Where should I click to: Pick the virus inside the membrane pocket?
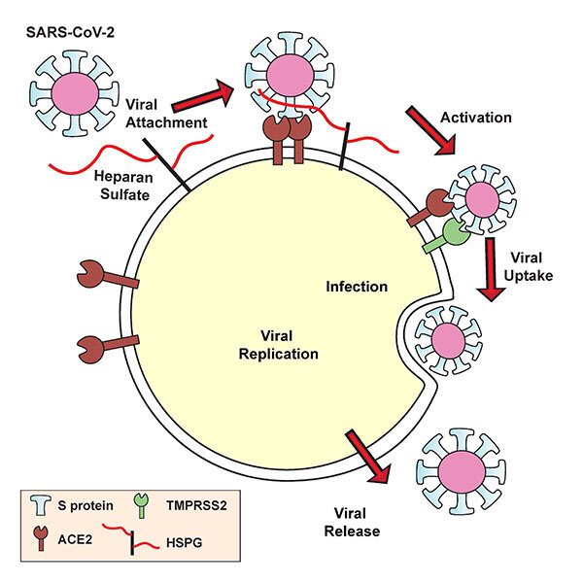click(448, 339)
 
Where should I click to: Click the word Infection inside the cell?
click(358, 287)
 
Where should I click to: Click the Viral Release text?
click(353, 520)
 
